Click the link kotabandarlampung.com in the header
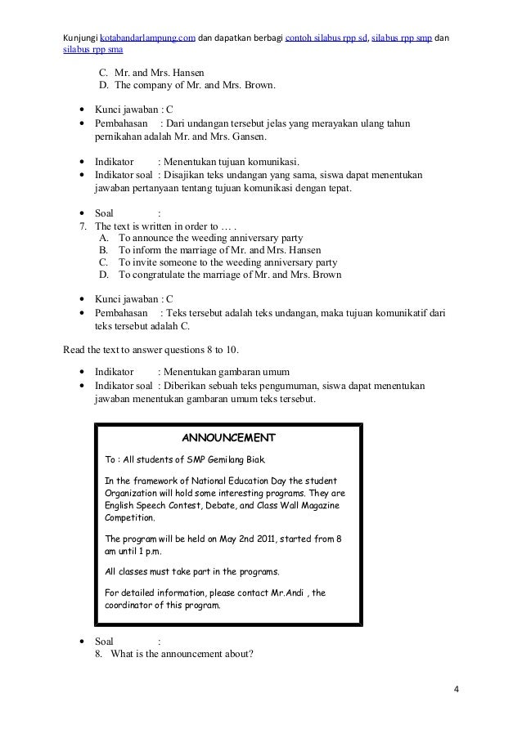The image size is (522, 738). coord(147,38)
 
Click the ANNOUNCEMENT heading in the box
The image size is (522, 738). coord(228,436)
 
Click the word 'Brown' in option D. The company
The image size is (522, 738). coord(259,85)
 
